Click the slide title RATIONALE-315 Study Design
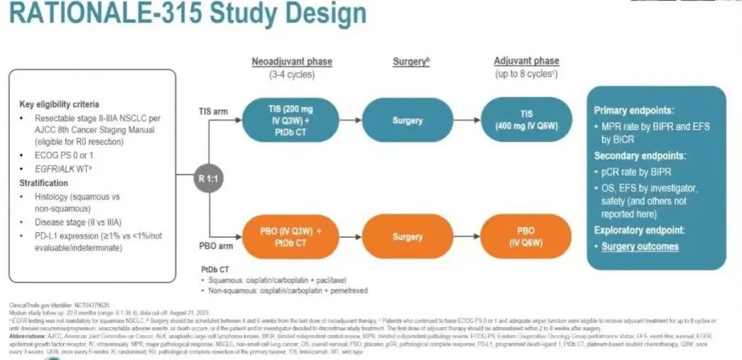(x=184, y=16)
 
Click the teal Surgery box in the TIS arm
(x=407, y=121)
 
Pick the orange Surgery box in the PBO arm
(x=407, y=236)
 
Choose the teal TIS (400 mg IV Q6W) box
(x=526, y=120)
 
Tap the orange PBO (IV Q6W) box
(x=526, y=236)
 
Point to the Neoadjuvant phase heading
(x=291, y=62)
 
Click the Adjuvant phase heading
(x=526, y=62)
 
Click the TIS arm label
(x=211, y=111)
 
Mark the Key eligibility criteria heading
(x=59, y=104)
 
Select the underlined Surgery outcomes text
(x=640, y=246)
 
